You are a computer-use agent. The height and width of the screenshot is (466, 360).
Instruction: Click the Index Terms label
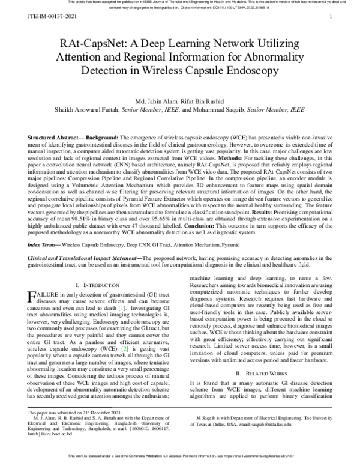[43, 246]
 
